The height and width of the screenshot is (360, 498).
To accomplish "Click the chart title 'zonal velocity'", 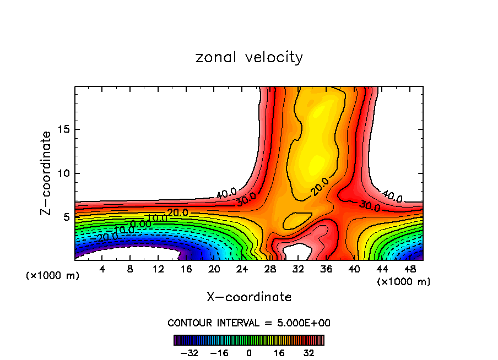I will click(249, 57).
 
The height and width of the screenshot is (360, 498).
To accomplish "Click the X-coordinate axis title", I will click(249, 297).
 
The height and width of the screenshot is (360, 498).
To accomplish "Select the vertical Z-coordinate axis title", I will click(46, 173).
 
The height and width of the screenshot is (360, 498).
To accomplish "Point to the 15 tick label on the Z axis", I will click(63, 129).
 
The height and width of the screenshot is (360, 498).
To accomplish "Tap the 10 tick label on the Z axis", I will click(63, 173).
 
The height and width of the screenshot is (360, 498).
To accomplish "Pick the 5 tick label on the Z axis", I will click(66, 217).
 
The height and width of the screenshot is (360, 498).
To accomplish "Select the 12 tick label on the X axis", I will click(158, 269).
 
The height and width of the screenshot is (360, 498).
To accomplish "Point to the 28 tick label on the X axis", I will click(270, 269).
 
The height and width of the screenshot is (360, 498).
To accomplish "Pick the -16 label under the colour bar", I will click(219, 352).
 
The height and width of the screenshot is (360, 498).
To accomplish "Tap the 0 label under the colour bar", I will click(249, 352).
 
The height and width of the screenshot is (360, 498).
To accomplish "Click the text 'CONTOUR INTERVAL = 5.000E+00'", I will click(249, 323).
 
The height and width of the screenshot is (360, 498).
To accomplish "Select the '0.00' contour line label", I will click(141, 224).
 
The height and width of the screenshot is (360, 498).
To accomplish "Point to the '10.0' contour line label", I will click(158, 219).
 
